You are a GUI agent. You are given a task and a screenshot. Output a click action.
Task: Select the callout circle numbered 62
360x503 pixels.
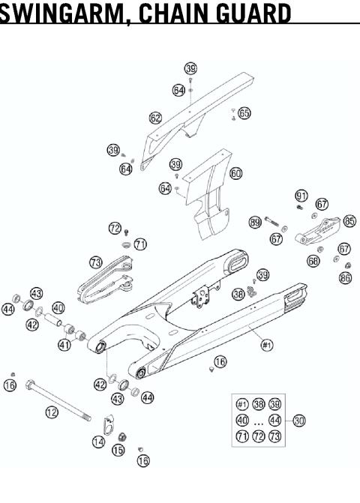click(x=155, y=118)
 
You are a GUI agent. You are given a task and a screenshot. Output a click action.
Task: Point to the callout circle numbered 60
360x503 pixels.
click(x=236, y=173)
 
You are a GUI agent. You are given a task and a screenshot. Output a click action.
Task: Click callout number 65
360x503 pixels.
click(x=244, y=113)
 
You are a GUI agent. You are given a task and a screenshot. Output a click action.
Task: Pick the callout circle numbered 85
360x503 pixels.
click(x=349, y=221)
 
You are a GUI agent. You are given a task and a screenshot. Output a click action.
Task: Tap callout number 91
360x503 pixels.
click(x=301, y=196)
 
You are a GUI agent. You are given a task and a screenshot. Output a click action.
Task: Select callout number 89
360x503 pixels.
click(x=255, y=222)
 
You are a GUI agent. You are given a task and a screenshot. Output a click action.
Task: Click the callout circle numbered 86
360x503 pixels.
click(x=345, y=278)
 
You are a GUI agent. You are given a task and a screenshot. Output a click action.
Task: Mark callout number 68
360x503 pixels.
click(x=313, y=260)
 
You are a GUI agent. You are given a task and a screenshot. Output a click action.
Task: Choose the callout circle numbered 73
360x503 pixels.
click(x=95, y=262)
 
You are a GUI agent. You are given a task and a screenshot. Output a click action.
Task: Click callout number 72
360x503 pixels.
click(x=114, y=227)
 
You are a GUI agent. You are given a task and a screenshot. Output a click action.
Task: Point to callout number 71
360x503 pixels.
click(x=140, y=244)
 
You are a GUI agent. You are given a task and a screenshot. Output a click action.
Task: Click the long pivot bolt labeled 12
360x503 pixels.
click(x=60, y=397)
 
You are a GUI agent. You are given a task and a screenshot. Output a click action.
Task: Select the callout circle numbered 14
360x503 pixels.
click(x=99, y=442)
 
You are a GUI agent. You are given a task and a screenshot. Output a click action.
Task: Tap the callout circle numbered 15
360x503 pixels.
click(x=118, y=450)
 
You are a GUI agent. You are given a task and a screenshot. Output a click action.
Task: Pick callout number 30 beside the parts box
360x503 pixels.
click(x=299, y=421)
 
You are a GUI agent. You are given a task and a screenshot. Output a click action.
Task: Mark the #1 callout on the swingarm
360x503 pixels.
click(x=266, y=345)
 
